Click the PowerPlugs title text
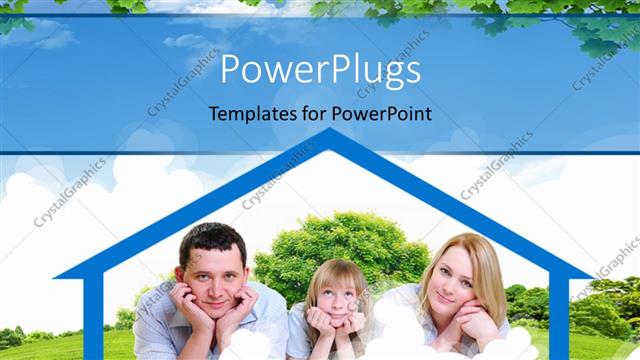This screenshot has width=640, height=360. [319, 71]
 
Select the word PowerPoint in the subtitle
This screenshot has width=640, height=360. [382, 113]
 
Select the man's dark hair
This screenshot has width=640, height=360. [210, 240]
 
